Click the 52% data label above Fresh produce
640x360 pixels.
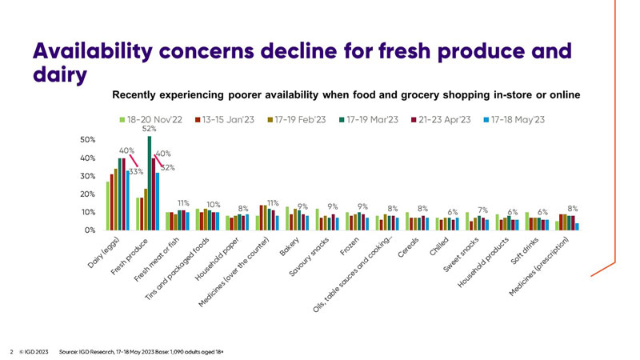click(149, 130)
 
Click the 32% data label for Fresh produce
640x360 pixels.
click(166, 167)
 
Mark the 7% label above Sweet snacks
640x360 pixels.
click(482, 210)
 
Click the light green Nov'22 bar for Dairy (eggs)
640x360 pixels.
click(108, 206)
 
